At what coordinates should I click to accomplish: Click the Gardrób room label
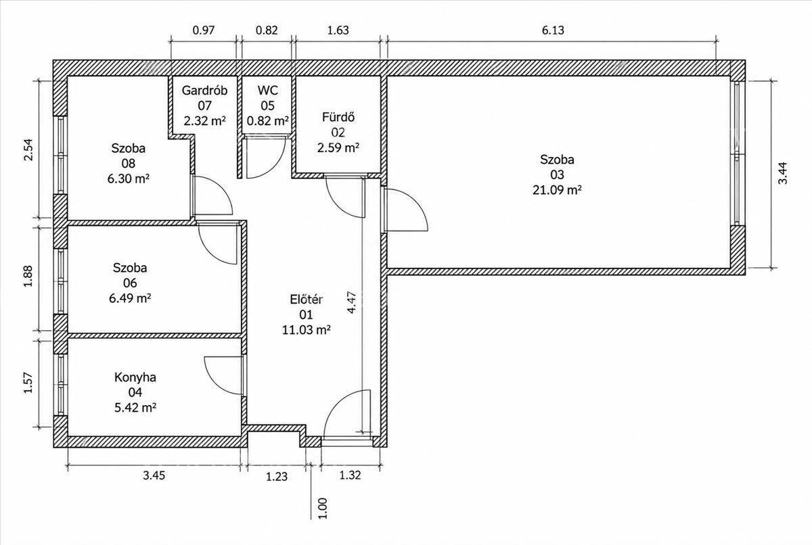(x=204, y=90)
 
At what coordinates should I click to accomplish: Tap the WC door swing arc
(x=275, y=167)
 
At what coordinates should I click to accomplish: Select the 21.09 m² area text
(x=557, y=190)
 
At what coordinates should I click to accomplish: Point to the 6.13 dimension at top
(x=553, y=30)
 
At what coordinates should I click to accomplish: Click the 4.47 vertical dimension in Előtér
(x=352, y=302)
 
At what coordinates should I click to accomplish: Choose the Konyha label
(x=135, y=377)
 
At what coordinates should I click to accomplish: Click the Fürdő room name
(x=338, y=118)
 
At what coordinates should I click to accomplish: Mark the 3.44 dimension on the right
(x=783, y=173)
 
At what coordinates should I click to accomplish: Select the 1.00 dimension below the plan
(x=322, y=508)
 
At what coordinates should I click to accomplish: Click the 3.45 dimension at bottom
(x=154, y=475)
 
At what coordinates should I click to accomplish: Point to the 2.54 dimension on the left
(x=28, y=149)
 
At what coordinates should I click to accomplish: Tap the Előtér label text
(x=307, y=300)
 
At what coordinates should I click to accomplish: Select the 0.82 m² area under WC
(x=267, y=120)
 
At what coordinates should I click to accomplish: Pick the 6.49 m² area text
(x=130, y=298)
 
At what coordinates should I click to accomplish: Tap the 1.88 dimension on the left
(x=28, y=277)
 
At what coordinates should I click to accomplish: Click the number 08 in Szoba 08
(x=129, y=164)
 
